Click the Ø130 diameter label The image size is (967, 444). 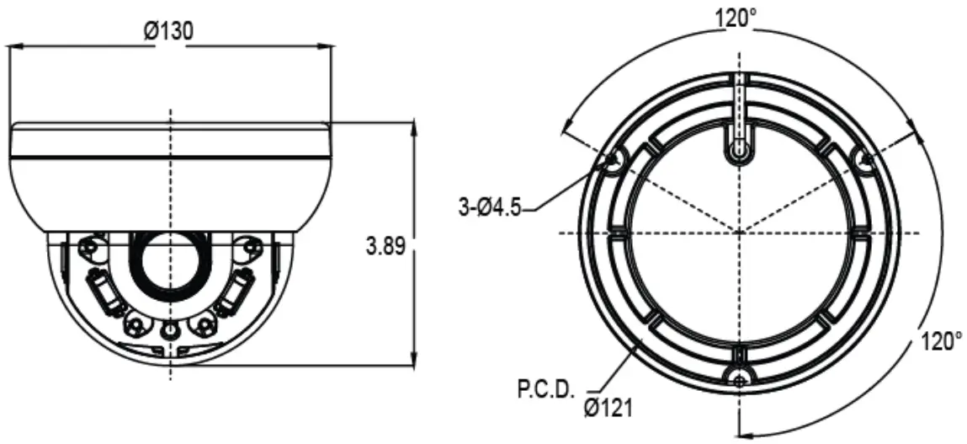pos(168,31)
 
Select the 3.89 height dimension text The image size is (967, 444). pos(387,247)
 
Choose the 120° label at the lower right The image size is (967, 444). pos(940,342)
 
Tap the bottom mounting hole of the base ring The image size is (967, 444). pos(739,381)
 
